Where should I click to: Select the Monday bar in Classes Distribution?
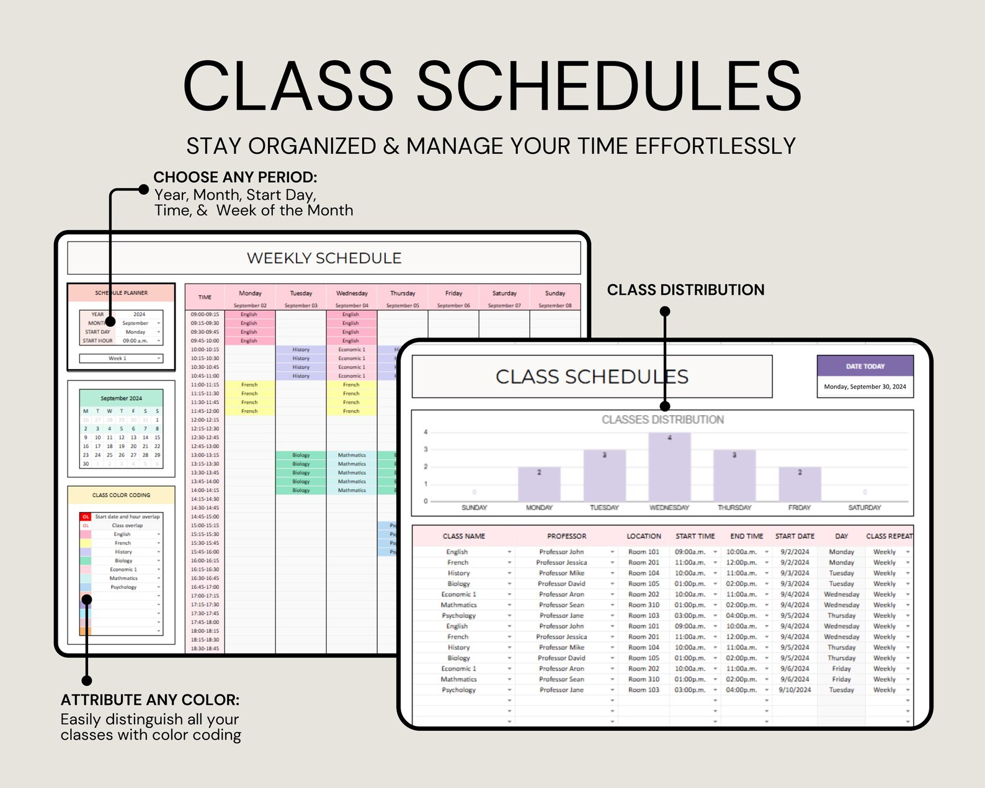click(539, 484)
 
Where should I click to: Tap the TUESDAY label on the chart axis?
click(604, 508)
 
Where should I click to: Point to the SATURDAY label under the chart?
click(864, 508)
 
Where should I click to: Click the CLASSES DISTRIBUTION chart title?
click(662, 420)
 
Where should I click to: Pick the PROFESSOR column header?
click(566, 536)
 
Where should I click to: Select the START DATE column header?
click(795, 536)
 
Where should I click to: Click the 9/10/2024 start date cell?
click(795, 690)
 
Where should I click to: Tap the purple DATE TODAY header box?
click(865, 366)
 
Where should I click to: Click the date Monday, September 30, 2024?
click(865, 387)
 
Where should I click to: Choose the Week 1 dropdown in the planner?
click(121, 359)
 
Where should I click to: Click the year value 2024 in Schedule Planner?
click(139, 315)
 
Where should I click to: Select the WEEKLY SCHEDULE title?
click(324, 258)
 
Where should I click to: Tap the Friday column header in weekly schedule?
click(453, 293)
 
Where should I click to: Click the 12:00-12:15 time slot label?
click(205, 420)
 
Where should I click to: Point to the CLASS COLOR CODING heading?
click(121, 495)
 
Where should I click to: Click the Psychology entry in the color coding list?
click(123, 587)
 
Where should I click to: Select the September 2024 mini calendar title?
click(121, 398)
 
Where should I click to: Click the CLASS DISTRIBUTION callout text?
click(685, 290)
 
